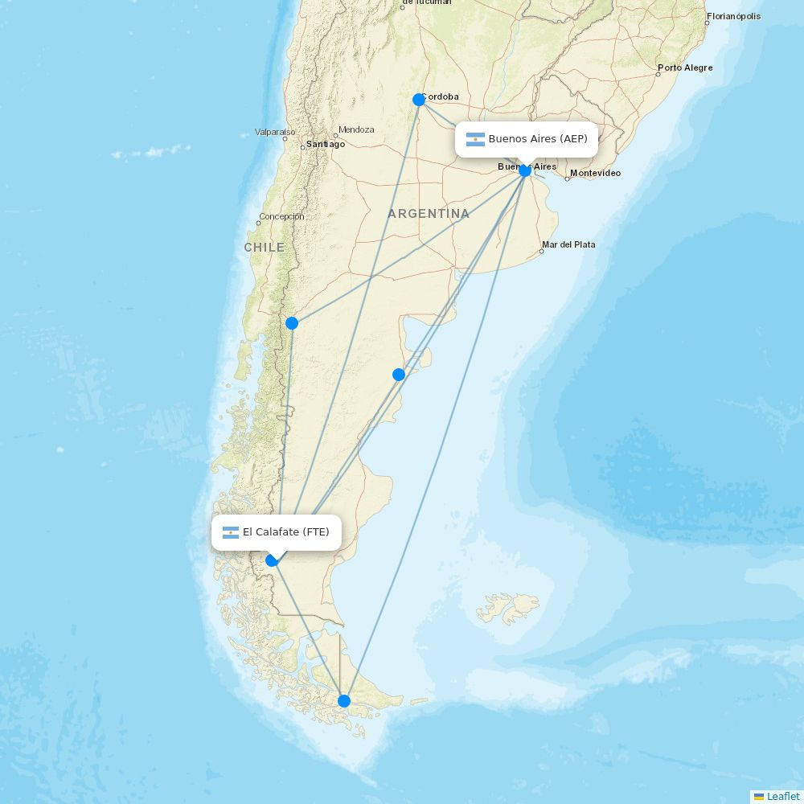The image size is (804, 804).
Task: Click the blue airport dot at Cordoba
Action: click(418, 100)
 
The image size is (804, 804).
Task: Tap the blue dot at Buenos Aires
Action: click(525, 170)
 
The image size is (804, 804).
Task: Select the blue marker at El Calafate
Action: click(272, 560)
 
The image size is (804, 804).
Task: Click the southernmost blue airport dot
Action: click(344, 701)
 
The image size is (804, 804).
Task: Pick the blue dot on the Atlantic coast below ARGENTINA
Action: click(399, 375)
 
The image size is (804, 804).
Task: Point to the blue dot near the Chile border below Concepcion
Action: click(292, 323)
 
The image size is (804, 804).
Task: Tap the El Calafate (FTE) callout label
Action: click(277, 532)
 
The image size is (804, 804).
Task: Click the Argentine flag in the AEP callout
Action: click(475, 139)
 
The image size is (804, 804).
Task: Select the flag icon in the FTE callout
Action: click(231, 532)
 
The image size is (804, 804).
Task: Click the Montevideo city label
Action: click(595, 174)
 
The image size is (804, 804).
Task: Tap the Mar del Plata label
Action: click(568, 244)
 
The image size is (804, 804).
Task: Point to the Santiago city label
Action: click(326, 145)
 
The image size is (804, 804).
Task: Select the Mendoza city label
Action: click(356, 129)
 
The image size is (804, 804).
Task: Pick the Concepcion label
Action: click(281, 216)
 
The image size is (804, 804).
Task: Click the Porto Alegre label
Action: click(685, 68)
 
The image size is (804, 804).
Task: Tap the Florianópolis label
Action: click(733, 16)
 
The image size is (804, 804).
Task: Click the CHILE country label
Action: click(265, 248)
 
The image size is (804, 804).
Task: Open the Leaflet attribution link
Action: click(782, 796)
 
